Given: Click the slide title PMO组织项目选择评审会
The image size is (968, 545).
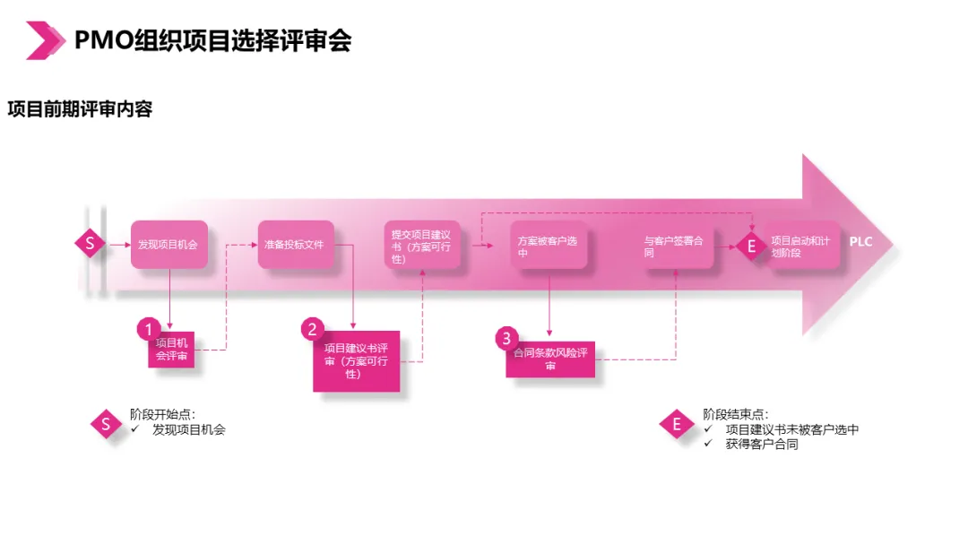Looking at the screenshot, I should coord(212,39).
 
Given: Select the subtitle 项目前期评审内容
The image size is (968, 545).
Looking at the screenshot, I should coord(80,109).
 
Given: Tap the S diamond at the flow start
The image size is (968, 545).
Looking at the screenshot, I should coord(90,243).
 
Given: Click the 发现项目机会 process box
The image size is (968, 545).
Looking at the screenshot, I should coord(169,244).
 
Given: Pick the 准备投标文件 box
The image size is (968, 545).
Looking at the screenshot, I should coord(296,244).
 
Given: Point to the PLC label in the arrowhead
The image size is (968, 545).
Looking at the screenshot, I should coord(860,242).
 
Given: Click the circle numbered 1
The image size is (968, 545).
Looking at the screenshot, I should coord(150,329).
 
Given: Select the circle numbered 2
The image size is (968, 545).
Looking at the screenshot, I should coord(313,329).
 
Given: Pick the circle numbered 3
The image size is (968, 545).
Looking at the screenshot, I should coord(507,339).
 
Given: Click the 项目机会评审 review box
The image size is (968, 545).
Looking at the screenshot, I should coord(173,350).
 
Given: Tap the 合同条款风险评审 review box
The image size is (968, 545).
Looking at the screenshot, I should coord(550,359).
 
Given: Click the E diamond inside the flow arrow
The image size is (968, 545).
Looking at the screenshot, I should coord(751,245).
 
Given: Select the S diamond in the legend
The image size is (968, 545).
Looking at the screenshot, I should coord(107,424).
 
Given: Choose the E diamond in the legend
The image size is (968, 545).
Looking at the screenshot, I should coord(677,424).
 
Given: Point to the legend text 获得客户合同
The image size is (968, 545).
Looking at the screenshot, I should coord(762,444).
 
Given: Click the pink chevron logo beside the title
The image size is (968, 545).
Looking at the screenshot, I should coord(46,40).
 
